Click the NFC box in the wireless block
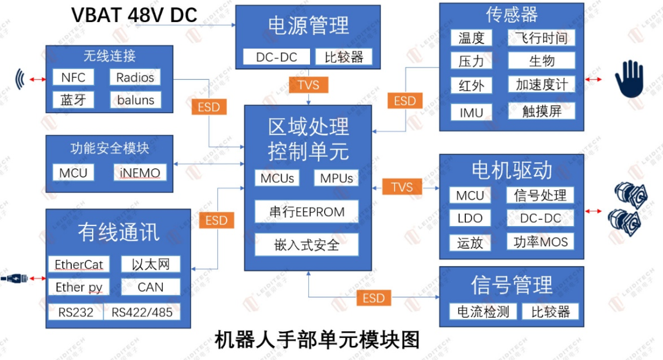[x=74, y=77]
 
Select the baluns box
[x=135, y=100]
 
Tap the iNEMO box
[x=140, y=173]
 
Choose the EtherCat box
[x=79, y=265]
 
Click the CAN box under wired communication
[x=150, y=287]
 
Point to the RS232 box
[x=76, y=312]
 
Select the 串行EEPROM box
[x=308, y=212]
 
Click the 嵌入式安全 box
[x=308, y=245]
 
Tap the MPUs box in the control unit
[x=336, y=178]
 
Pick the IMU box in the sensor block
[x=471, y=112]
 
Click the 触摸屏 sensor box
[x=541, y=111]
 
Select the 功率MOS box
[x=541, y=241]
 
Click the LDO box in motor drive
[x=470, y=218]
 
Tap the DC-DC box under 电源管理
[x=276, y=57]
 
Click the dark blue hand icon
[x=629, y=80]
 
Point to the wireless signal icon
[x=21, y=79]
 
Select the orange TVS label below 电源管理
[x=308, y=85]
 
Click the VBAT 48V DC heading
[x=134, y=15]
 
